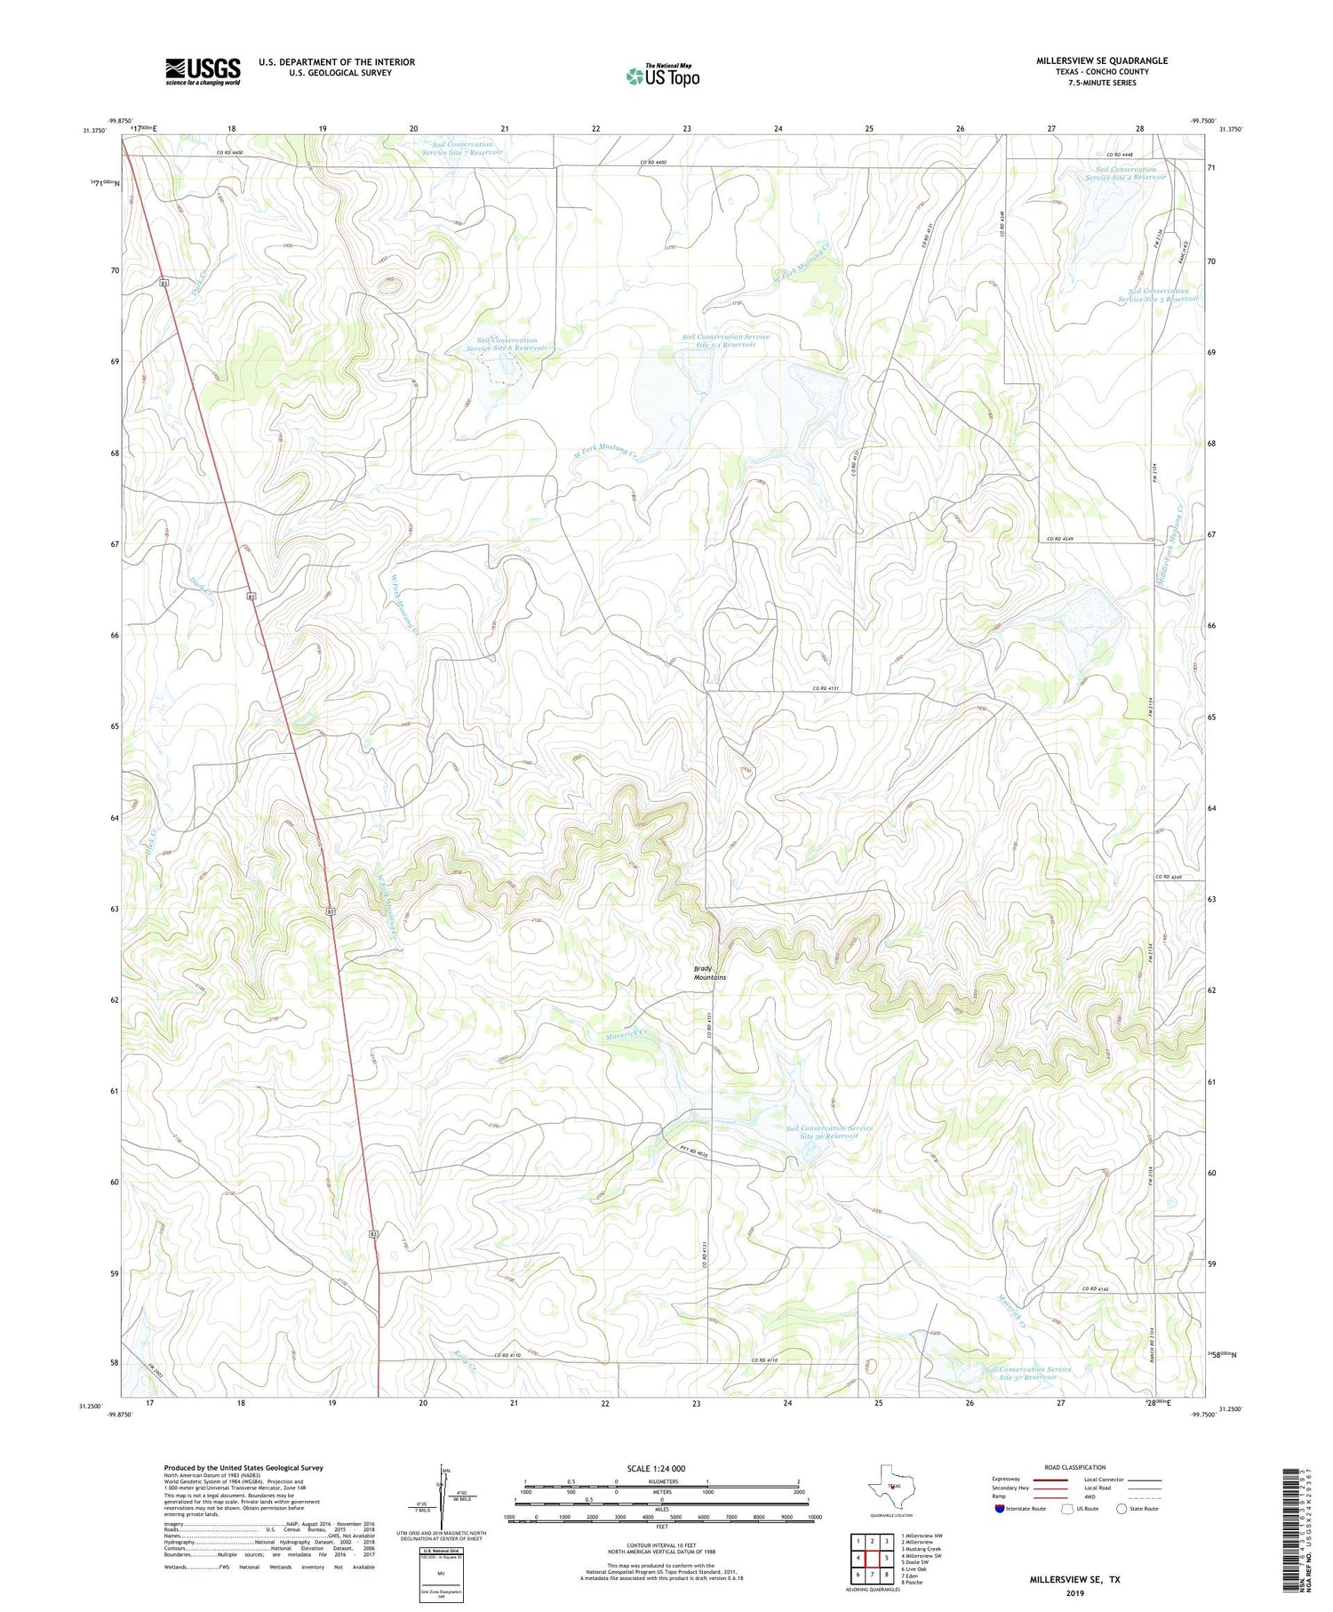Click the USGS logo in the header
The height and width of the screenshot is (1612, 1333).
[x=203, y=71]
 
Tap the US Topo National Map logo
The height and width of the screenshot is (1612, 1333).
[x=662, y=76]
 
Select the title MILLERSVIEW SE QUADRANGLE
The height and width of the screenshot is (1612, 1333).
[x=1101, y=60]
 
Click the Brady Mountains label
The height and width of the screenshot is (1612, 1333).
[x=709, y=973]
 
